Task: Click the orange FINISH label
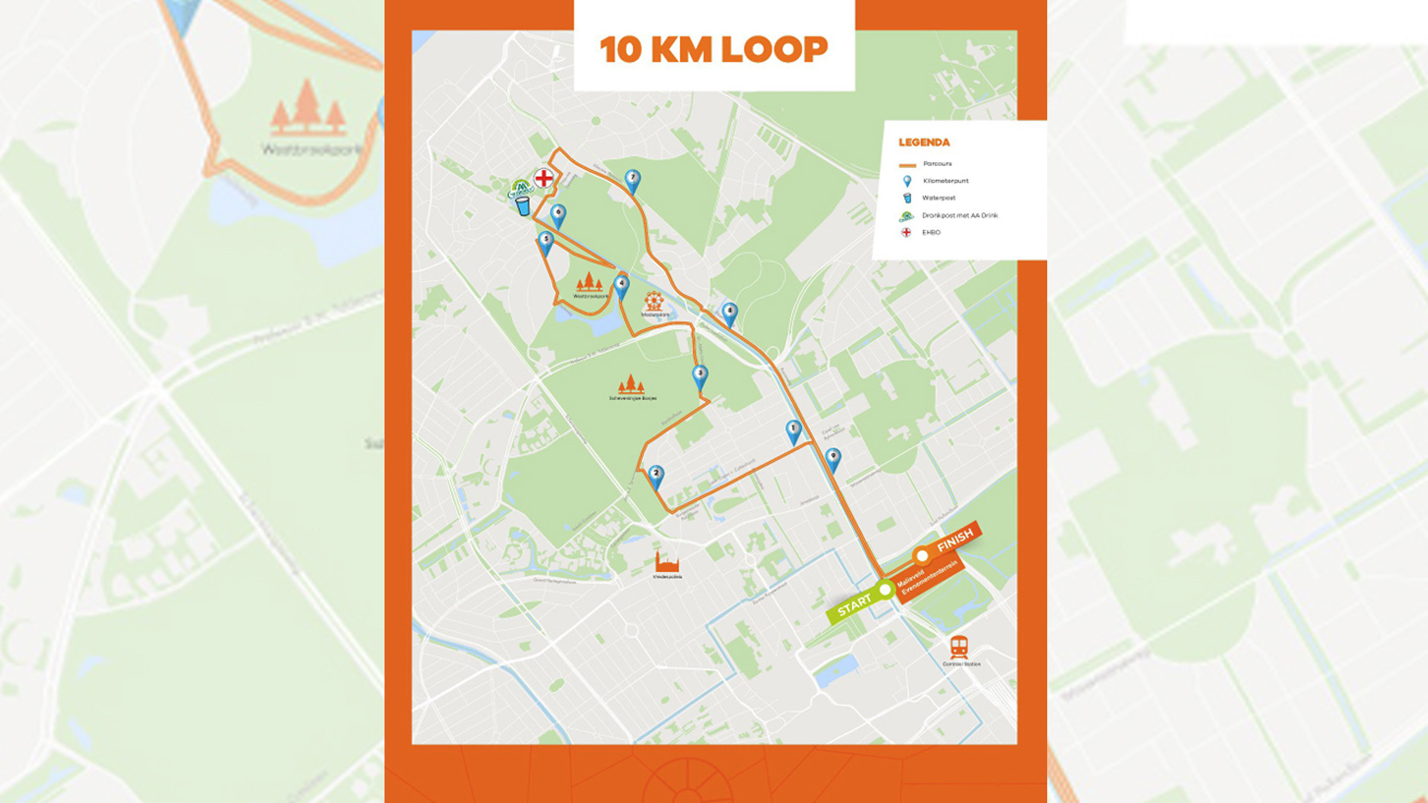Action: (x=955, y=540)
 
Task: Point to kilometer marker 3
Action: (x=700, y=376)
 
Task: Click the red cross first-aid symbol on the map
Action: (x=544, y=178)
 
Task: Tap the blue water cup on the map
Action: (x=524, y=206)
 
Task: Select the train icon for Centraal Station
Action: (x=959, y=646)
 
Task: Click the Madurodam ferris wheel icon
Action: (x=654, y=300)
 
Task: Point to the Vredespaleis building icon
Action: (x=666, y=562)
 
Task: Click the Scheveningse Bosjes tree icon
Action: (x=631, y=384)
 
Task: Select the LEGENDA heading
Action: (x=924, y=142)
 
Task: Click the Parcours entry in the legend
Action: (x=937, y=164)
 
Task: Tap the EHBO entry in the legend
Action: (x=931, y=233)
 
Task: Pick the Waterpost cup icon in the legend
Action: (x=907, y=199)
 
